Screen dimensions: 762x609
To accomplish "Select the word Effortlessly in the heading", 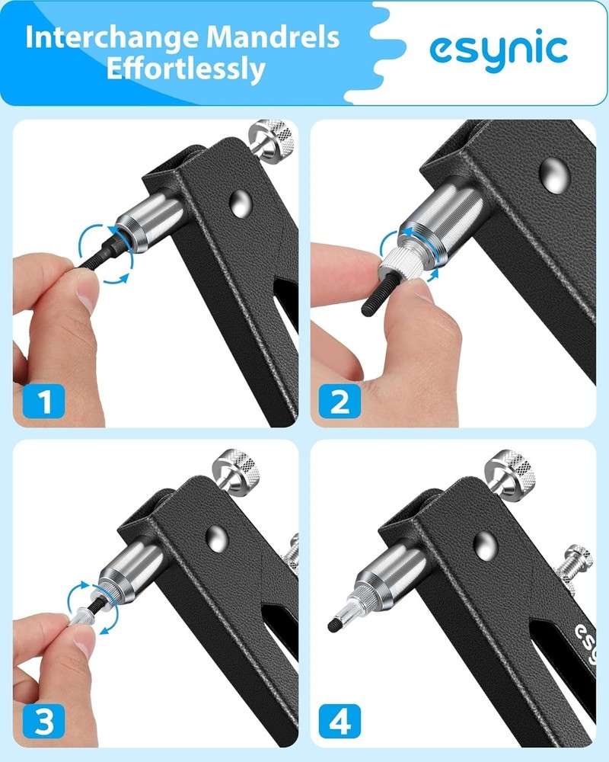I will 186,70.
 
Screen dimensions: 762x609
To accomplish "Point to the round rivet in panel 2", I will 554,174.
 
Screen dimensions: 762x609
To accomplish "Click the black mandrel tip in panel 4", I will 333,626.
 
